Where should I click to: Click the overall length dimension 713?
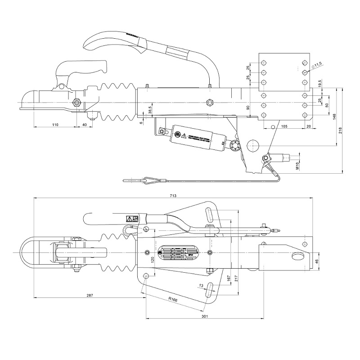(173, 195)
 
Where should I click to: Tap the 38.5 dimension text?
(150, 110)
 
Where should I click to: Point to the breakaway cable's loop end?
(148, 181)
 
